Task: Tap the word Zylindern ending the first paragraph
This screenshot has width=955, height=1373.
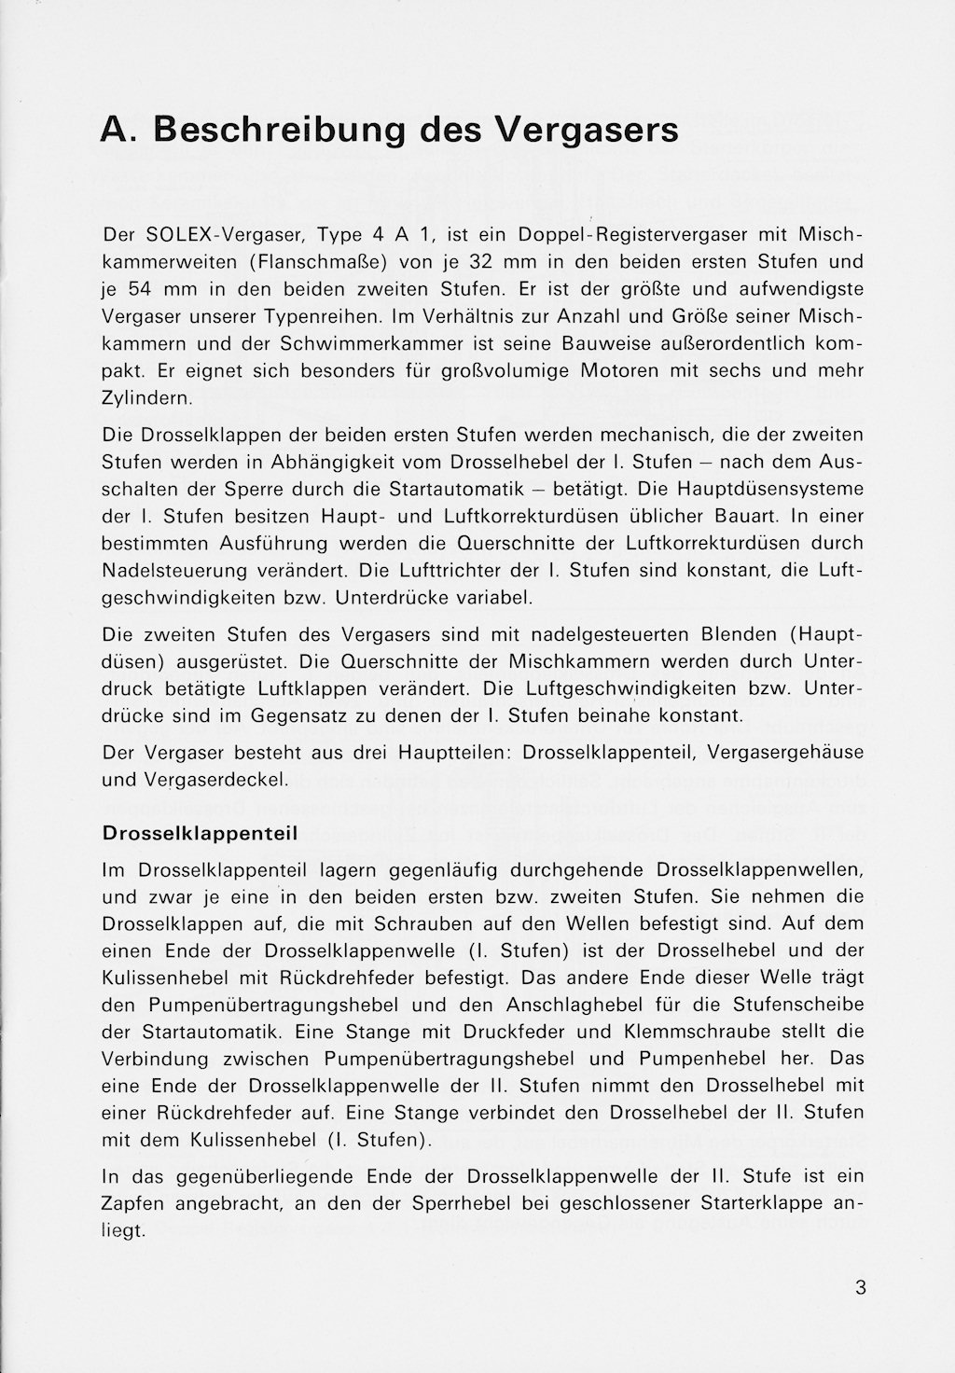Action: tap(146, 398)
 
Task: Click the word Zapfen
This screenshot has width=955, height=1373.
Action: tap(132, 1203)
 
